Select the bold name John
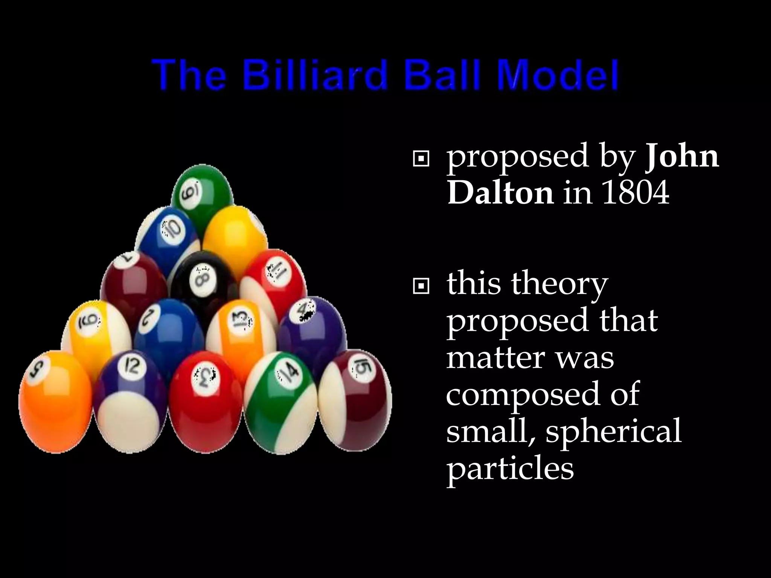coord(681,157)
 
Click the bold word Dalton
coord(500,193)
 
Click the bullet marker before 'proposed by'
coord(421,160)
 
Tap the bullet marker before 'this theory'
coord(421,287)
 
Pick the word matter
coord(495,357)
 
